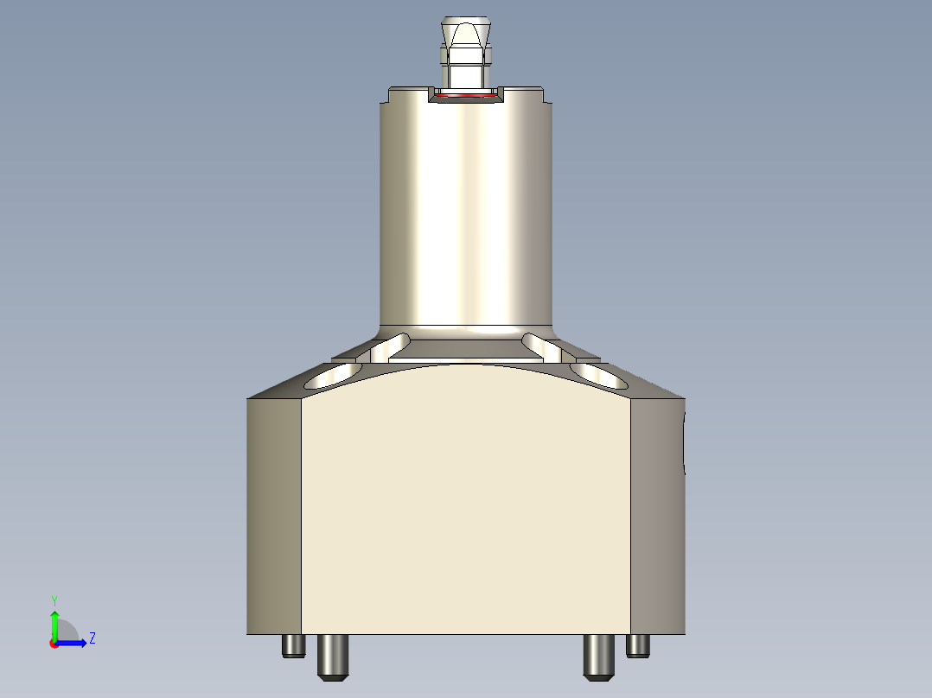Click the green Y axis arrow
54,624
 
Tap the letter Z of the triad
92,638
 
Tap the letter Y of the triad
54,600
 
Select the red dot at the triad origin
54,644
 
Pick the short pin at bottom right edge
638,644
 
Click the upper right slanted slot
542,345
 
